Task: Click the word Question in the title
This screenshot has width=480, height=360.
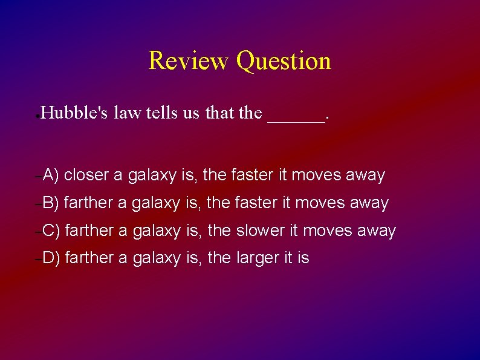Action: click(284, 61)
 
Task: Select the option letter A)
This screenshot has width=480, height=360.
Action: click(50, 175)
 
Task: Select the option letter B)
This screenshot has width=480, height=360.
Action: click(50, 203)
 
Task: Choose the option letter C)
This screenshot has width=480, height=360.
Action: click(51, 231)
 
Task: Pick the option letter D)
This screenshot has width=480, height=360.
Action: click(51, 258)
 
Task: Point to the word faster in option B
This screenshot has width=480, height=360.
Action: click(254, 203)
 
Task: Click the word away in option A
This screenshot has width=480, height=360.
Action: click(365, 175)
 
